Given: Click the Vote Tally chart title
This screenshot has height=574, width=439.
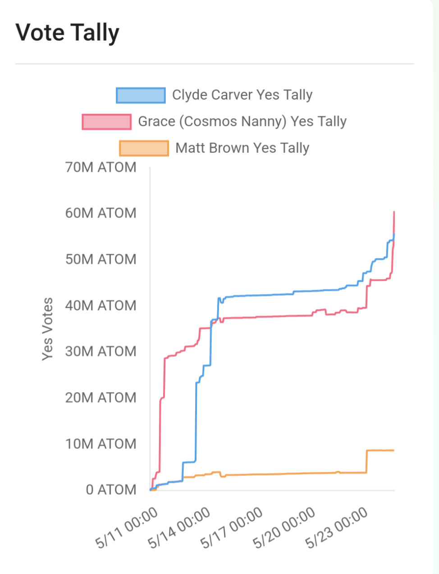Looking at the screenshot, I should click(x=68, y=33).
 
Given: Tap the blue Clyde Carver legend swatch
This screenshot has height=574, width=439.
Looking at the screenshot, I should click(x=141, y=96).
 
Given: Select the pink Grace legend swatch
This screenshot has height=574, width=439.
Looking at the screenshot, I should click(x=106, y=122).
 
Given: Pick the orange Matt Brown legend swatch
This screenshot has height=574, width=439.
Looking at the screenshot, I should click(x=144, y=148).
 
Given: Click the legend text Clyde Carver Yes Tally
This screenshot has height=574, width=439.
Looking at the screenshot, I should click(x=242, y=95).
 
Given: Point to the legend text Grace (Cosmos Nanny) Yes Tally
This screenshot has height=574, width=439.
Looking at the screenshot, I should click(x=242, y=122).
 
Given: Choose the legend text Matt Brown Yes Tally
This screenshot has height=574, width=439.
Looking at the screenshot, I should click(x=242, y=148).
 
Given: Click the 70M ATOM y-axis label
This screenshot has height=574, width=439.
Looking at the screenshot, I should click(x=101, y=168).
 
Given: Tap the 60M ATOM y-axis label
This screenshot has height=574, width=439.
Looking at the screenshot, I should click(x=101, y=213).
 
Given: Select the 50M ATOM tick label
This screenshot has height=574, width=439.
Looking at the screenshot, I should click(x=101, y=260).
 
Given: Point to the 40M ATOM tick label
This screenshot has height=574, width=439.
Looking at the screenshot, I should click(x=101, y=305).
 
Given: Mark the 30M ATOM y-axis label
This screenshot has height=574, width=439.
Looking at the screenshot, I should click(x=101, y=351).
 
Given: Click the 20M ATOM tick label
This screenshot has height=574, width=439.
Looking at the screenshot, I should click(x=101, y=398).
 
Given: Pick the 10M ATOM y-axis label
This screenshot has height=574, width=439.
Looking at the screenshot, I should click(x=101, y=444).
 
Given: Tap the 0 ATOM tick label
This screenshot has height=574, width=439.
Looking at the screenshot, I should click(x=111, y=490).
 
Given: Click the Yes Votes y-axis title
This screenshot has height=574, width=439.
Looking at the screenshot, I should click(x=47, y=329).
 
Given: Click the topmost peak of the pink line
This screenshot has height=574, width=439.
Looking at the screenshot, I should click(x=394, y=212).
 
